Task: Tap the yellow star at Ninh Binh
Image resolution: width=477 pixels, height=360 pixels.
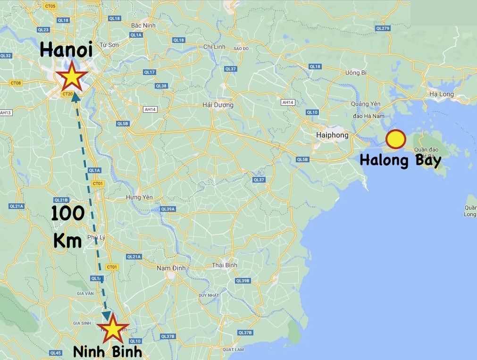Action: pyautogui.click(x=113, y=330)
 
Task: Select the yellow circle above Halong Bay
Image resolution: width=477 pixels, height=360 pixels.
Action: pyautogui.click(x=395, y=139)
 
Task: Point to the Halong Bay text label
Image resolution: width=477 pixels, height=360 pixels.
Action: pyautogui.click(x=400, y=160)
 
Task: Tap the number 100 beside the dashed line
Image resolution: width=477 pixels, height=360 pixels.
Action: pyautogui.click(x=67, y=214)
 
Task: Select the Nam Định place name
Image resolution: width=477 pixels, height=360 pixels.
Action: pyautogui.click(x=171, y=268)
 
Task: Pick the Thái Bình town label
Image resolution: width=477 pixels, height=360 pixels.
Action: pyautogui.click(x=224, y=265)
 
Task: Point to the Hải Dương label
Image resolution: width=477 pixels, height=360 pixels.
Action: pyautogui.click(x=218, y=105)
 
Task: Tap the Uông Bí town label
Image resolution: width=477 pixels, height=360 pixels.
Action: pyautogui.click(x=356, y=73)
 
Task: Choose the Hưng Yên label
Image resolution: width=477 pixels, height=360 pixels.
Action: pyautogui.click(x=137, y=197)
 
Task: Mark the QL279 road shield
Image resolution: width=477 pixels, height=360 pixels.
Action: pyautogui.click(x=383, y=28)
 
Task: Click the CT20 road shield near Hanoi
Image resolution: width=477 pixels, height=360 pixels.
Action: pyautogui.click(x=67, y=94)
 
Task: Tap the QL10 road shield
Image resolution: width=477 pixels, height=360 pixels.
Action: pyautogui.click(x=312, y=112)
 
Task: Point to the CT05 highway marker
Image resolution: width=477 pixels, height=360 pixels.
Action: pyautogui.click(x=50, y=6)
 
